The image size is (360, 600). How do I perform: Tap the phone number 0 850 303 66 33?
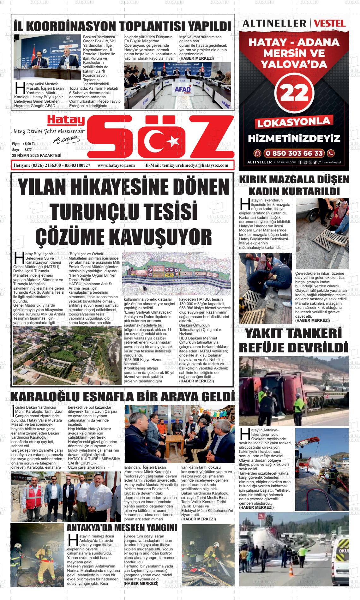click(294, 153)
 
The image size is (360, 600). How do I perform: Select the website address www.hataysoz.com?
click(116, 165)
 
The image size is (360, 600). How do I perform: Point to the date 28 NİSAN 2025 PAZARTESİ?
click(37, 155)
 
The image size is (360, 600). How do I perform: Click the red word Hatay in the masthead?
click(66, 120)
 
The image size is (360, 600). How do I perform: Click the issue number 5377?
click(28, 150)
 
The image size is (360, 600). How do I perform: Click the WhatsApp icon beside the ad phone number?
click(258, 153)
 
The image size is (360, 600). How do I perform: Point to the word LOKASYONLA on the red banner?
click(294, 122)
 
